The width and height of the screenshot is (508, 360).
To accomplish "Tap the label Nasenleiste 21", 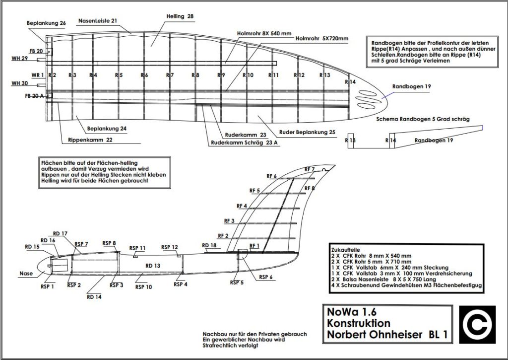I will coord(98,21).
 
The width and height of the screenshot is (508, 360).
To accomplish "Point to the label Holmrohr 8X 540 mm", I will coord(264,34).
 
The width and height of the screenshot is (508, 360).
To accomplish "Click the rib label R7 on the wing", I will coord(170,75).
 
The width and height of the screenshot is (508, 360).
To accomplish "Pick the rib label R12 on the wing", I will coord(299,75).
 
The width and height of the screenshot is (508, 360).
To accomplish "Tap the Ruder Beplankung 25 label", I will coord(307,132).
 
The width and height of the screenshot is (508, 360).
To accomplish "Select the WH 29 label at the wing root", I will coord(20,59).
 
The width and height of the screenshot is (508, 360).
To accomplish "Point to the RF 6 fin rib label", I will coord(271,176).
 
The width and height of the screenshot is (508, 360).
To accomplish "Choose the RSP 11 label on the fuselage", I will coord(137,248).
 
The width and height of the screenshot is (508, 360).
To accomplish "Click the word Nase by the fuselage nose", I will coord(26,274).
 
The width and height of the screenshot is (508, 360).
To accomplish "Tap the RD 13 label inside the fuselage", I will coord(152,266).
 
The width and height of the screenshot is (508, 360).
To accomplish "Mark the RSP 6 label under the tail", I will coord(264,277).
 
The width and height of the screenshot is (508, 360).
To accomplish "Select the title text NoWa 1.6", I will coord(352,312).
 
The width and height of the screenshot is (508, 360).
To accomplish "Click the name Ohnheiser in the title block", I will coord(398,335).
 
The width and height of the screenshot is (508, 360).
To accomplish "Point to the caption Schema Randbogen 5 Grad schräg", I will coord(423,119).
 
